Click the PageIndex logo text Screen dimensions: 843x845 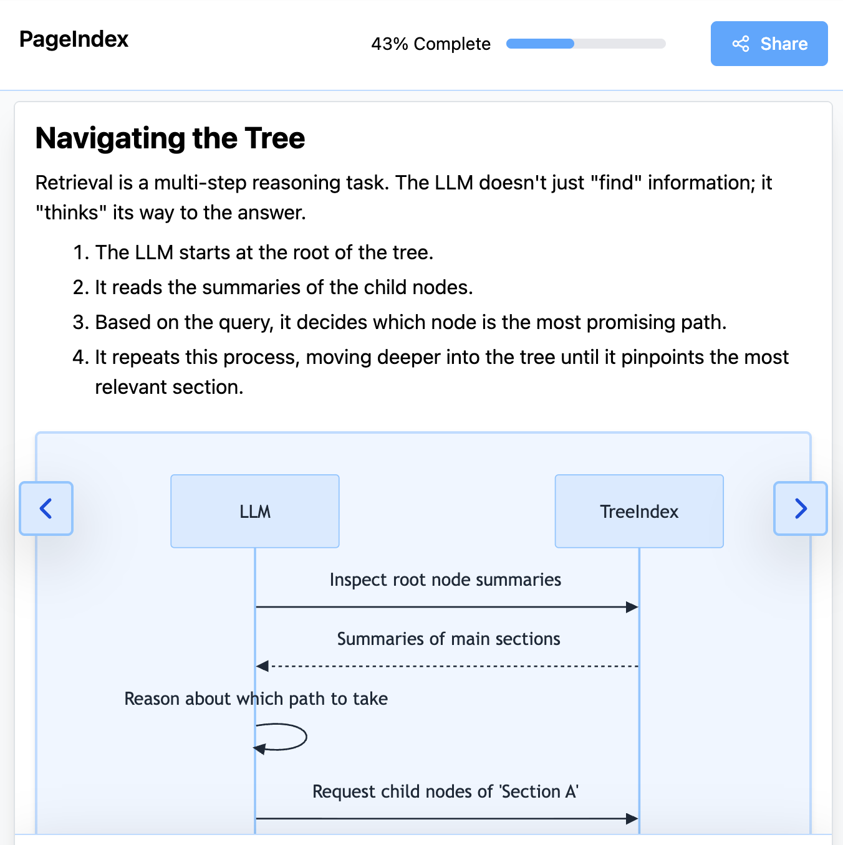click(74, 39)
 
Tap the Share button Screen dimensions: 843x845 click(769, 44)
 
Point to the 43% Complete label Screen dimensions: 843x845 click(431, 44)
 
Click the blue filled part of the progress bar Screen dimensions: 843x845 click(540, 44)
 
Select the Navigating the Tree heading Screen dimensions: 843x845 click(170, 138)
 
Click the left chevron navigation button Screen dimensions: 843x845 click(46, 508)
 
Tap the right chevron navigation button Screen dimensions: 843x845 click(801, 508)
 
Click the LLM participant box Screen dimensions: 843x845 click(255, 512)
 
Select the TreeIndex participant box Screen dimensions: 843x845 click(639, 512)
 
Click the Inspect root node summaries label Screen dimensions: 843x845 click(445, 580)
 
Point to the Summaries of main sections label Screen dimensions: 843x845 click(448, 639)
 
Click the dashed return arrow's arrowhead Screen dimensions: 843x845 click(263, 666)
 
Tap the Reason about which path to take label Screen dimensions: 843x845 click(256, 699)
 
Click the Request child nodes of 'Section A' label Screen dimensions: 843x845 click(445, 792)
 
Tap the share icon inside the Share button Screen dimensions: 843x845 click(741, 44)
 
